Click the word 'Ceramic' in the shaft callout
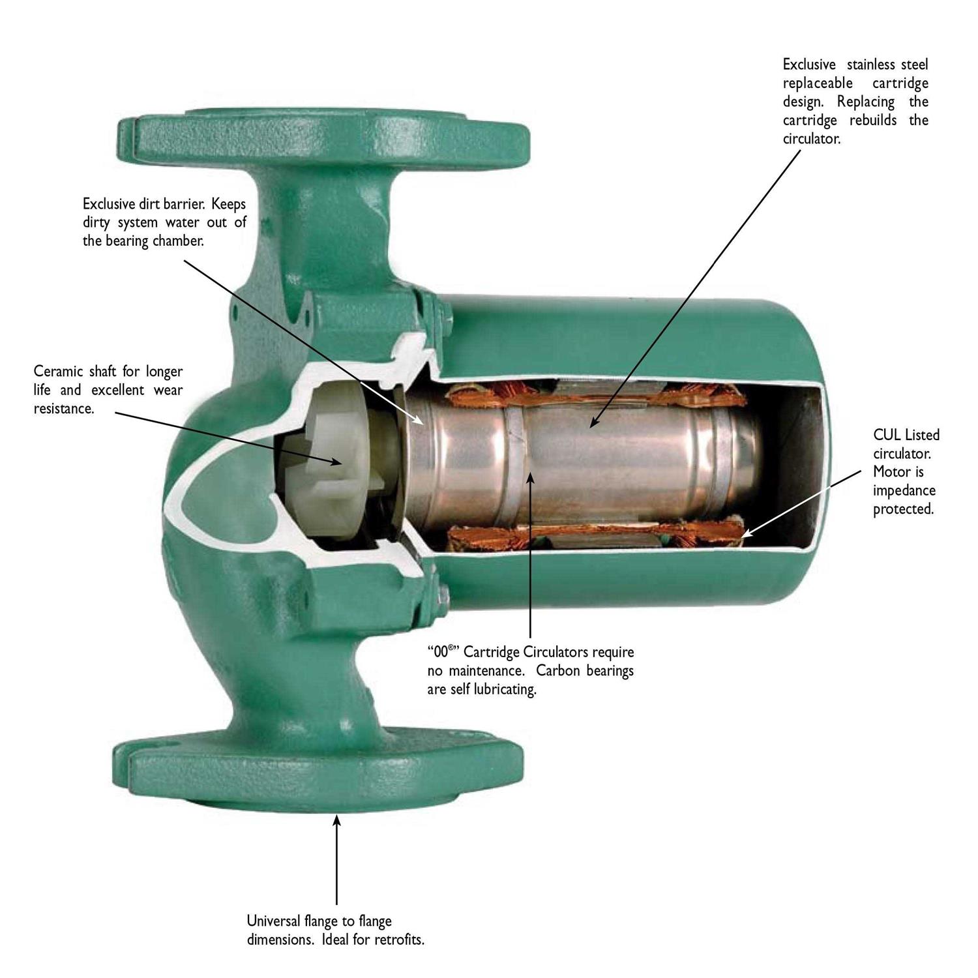point(59,372)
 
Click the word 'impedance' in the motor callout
point(904,490)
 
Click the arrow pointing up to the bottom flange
point(336,861)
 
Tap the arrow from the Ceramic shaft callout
point(228,437)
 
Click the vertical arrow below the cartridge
point(530,554)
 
